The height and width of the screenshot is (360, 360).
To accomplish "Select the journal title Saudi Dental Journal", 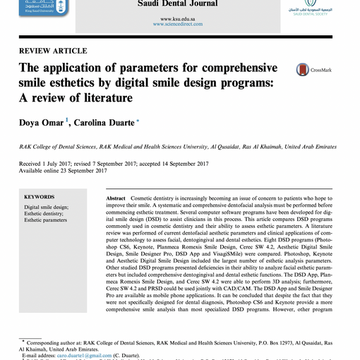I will [x=180, y=4].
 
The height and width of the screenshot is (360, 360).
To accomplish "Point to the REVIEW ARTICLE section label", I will [x=53, y=51].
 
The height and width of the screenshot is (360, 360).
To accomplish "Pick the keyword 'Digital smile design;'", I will [x=47, y=208].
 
